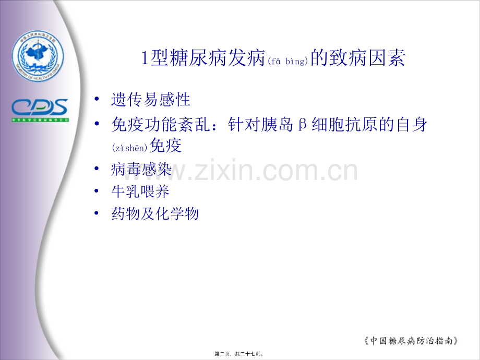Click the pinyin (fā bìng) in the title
(289, 62)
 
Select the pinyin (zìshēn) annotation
(129, 148)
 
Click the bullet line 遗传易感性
(151, 99)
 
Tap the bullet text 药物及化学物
(155, 213)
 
